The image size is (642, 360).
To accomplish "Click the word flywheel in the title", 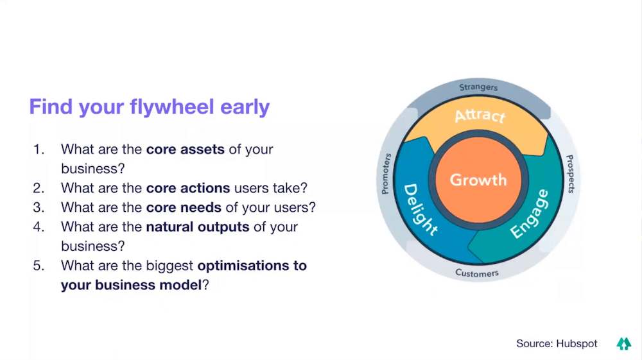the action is click(x=171, y=107).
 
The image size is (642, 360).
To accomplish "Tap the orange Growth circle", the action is click(x=478, y=180).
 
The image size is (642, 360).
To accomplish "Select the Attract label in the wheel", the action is click(x=480, y=116).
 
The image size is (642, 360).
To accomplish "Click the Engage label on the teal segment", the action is click(x=530, y=214).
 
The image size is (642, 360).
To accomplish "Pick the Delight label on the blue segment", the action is click(x=421, y=210).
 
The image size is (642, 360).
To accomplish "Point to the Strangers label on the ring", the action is click(x=478, y=87).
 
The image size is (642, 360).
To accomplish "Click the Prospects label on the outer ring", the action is click(x=570, y=174).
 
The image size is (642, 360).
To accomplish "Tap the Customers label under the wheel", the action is click(x=477, y=273).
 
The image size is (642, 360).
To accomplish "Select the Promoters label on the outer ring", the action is click(x=386, y=173).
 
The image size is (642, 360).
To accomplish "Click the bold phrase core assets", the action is click(x=185, y=150).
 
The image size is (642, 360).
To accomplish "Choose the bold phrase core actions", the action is click(x=188, y=188).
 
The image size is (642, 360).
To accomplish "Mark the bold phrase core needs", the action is click(x=184, y=207).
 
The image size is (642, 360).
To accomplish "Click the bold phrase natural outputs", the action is click(x=198, y=227).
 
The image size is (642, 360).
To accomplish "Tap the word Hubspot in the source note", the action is click(x=577, y=344).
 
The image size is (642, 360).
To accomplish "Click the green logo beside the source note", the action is click(x=624, y=344).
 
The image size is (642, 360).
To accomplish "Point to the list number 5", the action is click(x=39, y=266).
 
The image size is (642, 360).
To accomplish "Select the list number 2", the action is click(x=39, y=188).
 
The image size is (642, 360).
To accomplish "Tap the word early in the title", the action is click(x=245, y=107).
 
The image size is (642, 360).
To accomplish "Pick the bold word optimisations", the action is click(x=243, y=266).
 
